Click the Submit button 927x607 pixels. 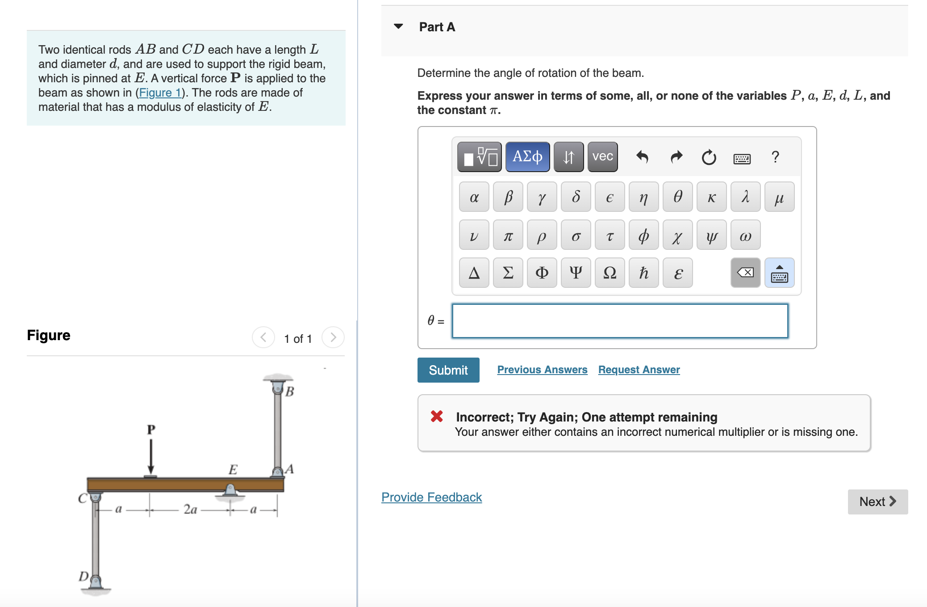coord(448,370)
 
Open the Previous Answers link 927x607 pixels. coord(542,370)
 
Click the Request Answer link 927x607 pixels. coord(639,370)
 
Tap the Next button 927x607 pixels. coord(877,502)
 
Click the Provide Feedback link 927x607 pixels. coord(431,497)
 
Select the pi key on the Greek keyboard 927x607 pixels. coord(508,235)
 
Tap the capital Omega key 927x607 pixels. coord(610,273)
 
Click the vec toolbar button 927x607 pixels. coord(602,156)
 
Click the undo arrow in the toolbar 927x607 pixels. coord(642,157)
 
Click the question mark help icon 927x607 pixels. coord(775,157)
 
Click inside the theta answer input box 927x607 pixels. coord(619,321)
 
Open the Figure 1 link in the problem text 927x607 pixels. coord(159,93)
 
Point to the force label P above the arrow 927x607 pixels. coord(151,430)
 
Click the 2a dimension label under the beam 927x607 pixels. coord(190,509)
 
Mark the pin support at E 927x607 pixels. coord(230,490)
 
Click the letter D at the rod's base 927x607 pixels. coord(83,576)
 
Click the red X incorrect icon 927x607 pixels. coord(437,417)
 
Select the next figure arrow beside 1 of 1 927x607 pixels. coord(333,337)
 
